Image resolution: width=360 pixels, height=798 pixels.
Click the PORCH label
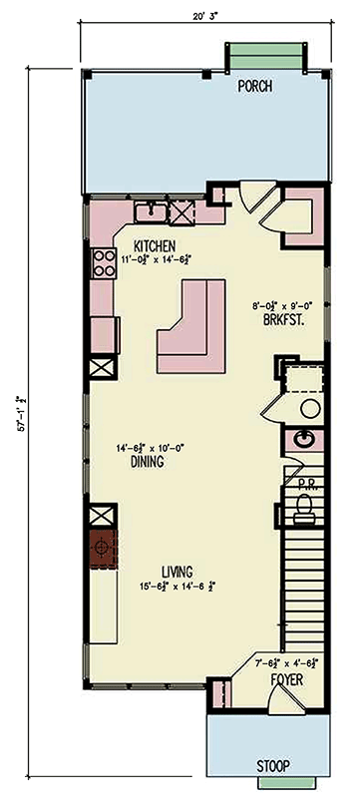[255, 87]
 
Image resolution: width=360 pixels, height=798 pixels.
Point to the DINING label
[147, 463]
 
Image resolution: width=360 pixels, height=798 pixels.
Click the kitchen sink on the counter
[153, 211]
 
